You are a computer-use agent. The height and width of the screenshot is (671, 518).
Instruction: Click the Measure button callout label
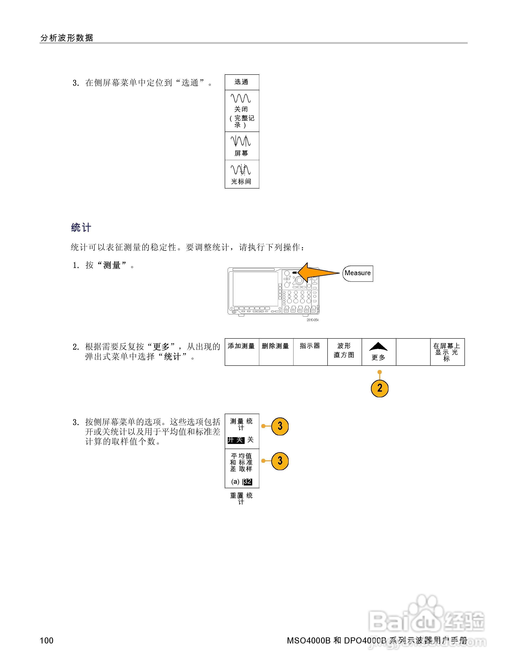(358, 273)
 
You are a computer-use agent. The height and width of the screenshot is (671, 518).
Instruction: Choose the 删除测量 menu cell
(276, 352)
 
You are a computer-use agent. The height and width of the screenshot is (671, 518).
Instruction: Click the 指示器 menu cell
(310, 352)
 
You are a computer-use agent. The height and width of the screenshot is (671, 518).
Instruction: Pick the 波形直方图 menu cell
(344, 352)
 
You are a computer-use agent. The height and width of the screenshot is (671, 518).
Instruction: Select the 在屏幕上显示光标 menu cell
(447, 352)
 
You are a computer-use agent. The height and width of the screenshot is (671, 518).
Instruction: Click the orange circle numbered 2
(380, 388)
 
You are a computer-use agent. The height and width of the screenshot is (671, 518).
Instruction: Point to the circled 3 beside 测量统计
(280, 426)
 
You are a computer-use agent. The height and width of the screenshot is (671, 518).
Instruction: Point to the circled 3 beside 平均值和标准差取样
(280, 461)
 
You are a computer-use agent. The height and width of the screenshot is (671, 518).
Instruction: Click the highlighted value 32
(248, 481)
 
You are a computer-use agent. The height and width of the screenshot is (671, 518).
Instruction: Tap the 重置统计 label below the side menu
(241, 498)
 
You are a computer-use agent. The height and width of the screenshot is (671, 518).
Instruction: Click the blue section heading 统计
(81, 228)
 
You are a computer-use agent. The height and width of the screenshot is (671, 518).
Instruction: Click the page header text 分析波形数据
(67, 38)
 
